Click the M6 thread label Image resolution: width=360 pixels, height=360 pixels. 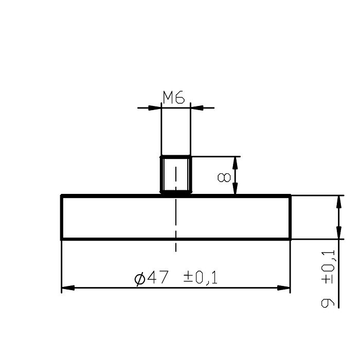(174, 97)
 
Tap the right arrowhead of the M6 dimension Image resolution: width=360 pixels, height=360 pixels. (196, 108)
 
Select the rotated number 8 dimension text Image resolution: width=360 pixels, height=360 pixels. (224, 177)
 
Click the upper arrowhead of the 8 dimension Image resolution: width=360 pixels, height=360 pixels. (235, 163)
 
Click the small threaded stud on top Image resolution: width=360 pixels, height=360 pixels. (176, 175)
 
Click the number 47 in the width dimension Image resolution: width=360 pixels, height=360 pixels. (157, 278)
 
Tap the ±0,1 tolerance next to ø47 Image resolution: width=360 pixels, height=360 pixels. (201, 278)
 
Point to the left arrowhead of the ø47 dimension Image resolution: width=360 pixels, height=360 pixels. (68, 287)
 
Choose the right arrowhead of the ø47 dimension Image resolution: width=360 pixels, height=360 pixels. (284, 287)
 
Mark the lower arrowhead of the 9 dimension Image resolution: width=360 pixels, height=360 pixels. (338, 232)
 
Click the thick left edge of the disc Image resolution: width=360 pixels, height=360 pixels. (62, 217)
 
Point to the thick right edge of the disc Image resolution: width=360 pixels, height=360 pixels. (291, 217)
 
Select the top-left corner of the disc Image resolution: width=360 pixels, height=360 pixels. (62, 195)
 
